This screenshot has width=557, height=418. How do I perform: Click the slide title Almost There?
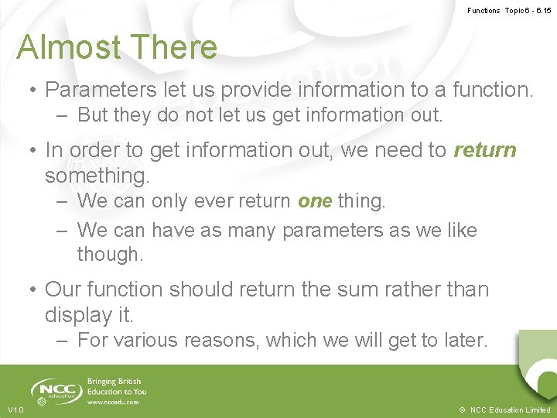coord(117,47)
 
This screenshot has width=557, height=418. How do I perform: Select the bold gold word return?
coord(485,149)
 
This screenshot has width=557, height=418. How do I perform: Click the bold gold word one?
coord(315,201)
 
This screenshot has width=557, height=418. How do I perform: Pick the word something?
coord(97,176)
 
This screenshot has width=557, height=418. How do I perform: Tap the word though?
coord(108,255)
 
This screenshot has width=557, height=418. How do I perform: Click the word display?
coord(78,315)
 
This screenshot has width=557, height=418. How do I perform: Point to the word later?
coord(460,341)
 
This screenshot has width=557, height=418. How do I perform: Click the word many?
coord(249,230)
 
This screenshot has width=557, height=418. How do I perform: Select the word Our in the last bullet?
coord(64,290)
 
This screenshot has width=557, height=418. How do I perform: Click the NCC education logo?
coord(56,390)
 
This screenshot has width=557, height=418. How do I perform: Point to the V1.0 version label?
coord(16,409)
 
